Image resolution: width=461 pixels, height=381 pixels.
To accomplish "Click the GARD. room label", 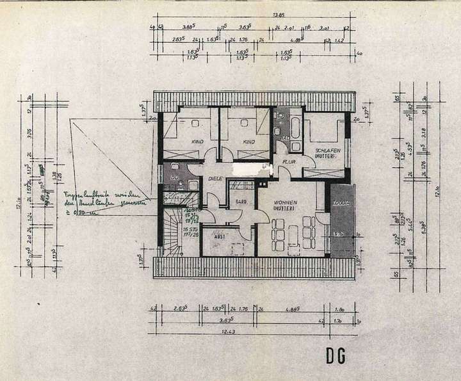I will [242, 203].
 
